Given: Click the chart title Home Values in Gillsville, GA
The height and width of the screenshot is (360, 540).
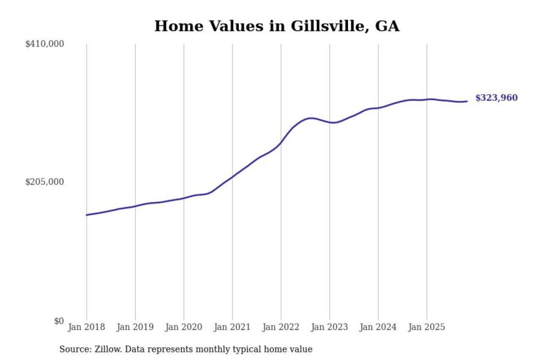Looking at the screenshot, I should point(277,26).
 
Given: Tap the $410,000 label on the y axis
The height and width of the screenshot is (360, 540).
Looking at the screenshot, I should point(45,44).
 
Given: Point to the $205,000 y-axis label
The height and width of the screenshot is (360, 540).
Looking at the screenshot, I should point(45,182).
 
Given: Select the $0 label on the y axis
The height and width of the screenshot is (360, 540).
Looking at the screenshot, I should point(59,321).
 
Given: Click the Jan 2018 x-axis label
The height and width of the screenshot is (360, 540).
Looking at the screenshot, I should point(87,327).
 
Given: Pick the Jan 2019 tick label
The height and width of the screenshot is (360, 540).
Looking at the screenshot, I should point(135,327).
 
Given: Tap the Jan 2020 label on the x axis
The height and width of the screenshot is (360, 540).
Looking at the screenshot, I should point(184,327).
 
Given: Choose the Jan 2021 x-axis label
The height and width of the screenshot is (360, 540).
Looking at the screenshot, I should point(232,327).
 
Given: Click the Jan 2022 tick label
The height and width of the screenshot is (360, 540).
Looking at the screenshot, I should point(281,327).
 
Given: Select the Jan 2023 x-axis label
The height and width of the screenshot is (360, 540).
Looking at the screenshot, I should point(330,327).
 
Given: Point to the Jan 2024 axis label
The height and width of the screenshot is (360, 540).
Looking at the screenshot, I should point(378,327).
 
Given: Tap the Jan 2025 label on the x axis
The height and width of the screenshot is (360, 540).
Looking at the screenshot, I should point(427,327).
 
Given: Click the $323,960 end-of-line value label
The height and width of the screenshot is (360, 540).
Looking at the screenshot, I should point(496,98).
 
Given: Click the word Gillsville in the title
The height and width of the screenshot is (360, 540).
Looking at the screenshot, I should point(327,26).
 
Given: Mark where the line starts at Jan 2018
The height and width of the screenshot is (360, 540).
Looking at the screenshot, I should point(87,215).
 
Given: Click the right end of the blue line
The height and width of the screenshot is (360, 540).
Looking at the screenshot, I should point(466,101).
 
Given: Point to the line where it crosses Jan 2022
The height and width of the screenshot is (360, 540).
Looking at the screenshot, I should point(281,142).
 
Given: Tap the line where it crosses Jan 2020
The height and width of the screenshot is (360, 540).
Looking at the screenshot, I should point(184,198).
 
